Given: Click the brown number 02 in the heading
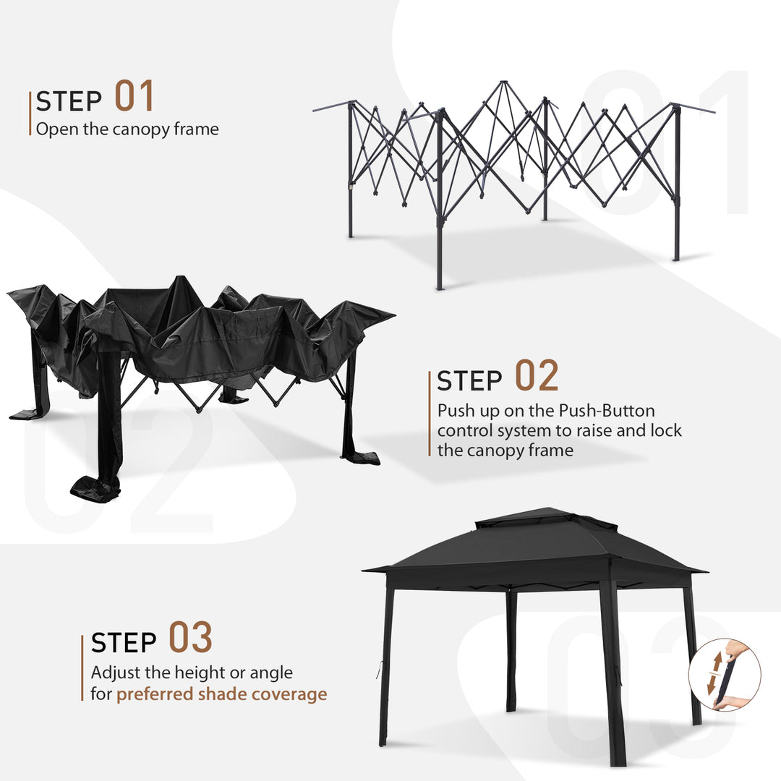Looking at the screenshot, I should [x=537, y=376].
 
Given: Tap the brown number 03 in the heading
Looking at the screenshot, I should [x=191, y=637].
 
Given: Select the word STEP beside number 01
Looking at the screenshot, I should [x=69, y=102].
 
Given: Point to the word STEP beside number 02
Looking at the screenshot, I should [x=469, y=381].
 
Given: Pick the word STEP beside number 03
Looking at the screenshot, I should [x=124, y=643].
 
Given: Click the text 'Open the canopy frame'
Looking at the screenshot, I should [x=127, y=129].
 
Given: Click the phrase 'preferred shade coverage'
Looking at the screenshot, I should [x=222, y=694].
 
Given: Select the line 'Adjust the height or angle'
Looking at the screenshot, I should [x=192, y=673].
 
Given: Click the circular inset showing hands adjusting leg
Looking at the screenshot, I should [x=724, y=675].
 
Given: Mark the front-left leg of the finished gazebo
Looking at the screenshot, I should [x=385, y=665].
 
